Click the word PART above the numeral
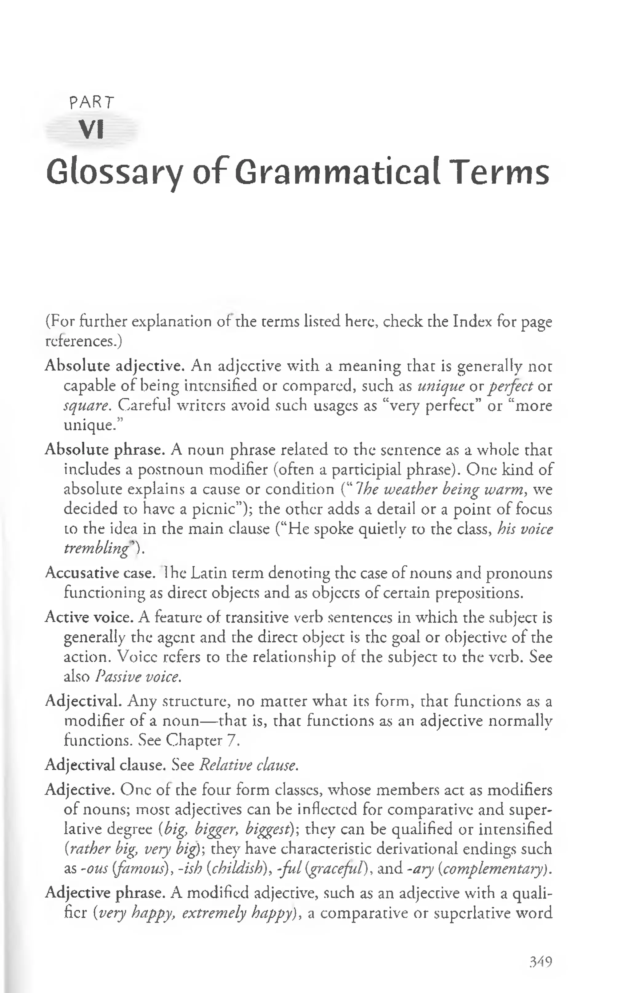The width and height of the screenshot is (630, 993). coord(92,102)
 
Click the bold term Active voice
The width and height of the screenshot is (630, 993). coord(90,617)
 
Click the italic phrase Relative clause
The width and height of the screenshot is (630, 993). coord(248,765)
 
